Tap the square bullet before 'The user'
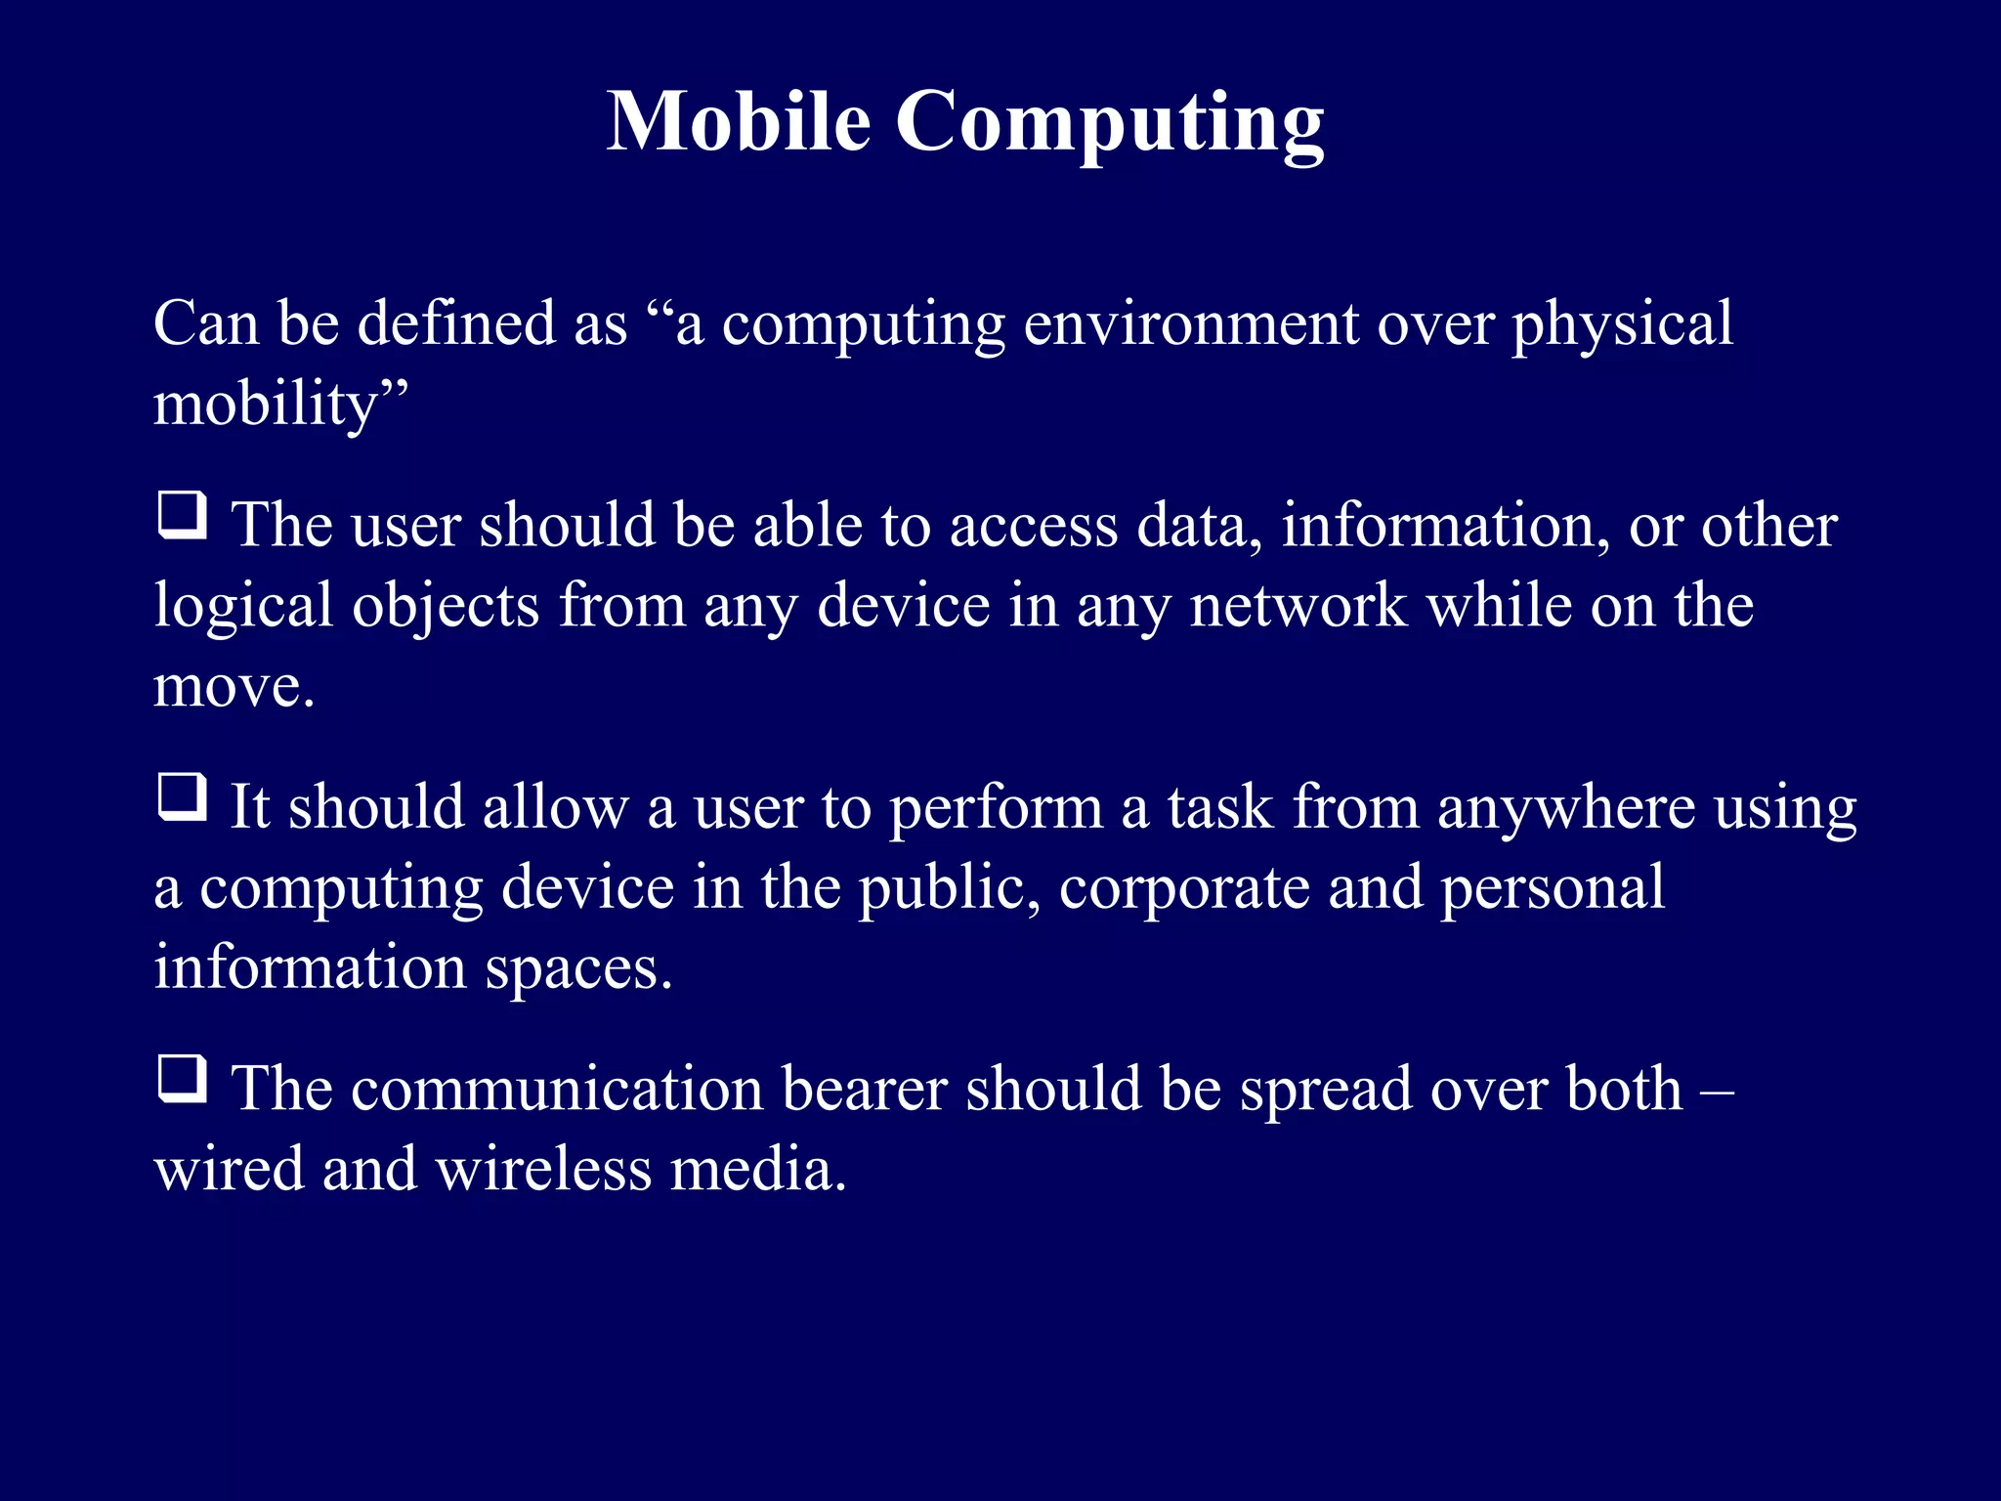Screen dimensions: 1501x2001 [183, 515]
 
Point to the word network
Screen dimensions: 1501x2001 [1299, 606]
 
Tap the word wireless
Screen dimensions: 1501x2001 [542, 1170]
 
